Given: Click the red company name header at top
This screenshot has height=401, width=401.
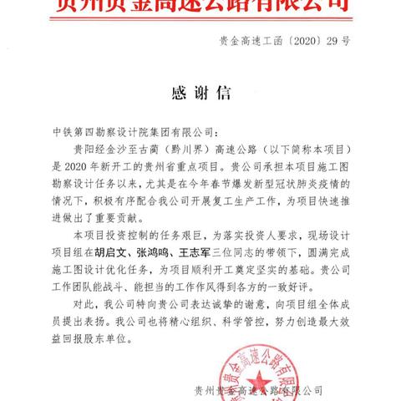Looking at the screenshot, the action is click(x=200, y=8).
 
